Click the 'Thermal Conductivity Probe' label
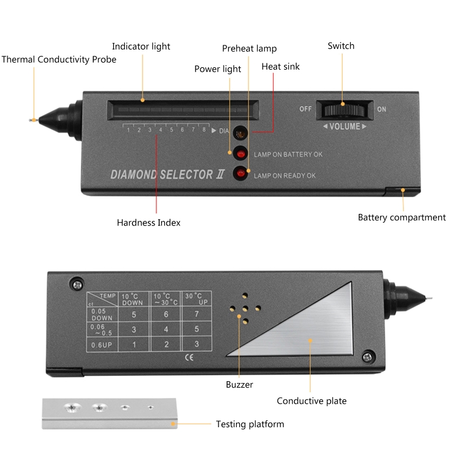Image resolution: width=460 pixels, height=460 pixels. pos(59,59)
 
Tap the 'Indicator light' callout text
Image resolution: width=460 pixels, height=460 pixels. pos(141,46)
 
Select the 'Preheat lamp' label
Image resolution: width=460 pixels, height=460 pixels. pos(250,48)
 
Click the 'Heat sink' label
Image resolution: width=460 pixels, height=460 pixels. pos(281,66)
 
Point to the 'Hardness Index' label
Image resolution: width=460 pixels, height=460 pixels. pos(148,223)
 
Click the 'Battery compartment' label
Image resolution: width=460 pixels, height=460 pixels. pos(401,217)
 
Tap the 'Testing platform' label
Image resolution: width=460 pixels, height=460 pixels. pos(250,424)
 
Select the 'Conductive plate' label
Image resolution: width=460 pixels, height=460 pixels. pos(312,401)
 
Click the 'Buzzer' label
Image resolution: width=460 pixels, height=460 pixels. pos(239,384)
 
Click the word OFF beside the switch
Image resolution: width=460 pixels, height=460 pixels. pos(305,109)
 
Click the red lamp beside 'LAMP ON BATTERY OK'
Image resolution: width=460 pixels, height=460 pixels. pos(241,154)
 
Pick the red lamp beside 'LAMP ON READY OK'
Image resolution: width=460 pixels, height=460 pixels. pos(241,174)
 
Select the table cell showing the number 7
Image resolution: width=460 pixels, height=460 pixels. pos(195,314)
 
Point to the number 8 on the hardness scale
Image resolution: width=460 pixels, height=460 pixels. pos(204,130)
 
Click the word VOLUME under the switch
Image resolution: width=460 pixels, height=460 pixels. pos(344,126)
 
